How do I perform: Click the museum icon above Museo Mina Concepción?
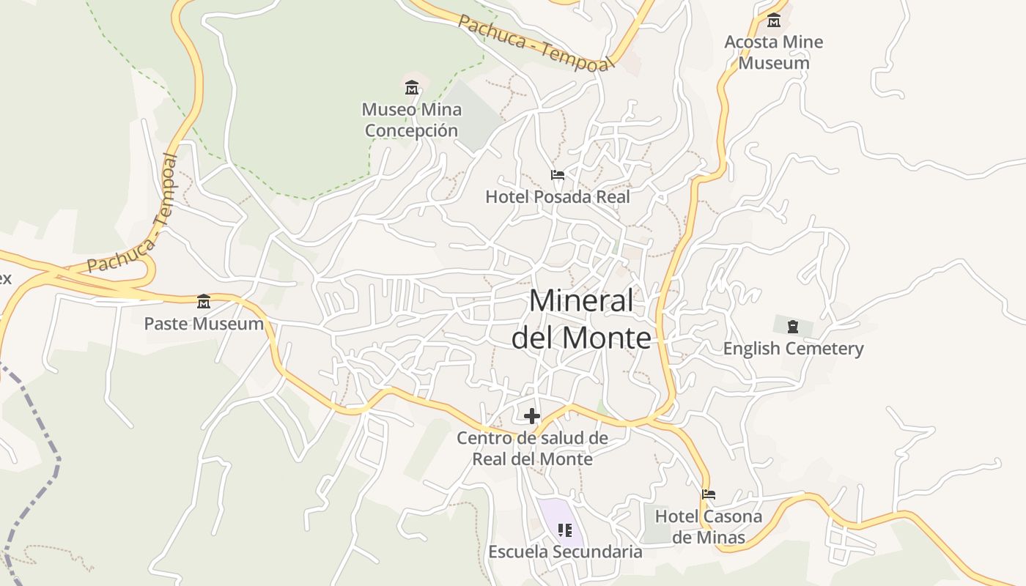412,88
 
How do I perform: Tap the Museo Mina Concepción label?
412,120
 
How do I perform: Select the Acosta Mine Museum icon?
774,20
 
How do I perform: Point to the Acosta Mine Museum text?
774,52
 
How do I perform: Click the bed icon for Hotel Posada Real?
558,175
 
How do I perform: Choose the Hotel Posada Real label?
558,196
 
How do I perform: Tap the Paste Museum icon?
204,301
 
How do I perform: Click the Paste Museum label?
204,323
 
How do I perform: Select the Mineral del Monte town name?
581,319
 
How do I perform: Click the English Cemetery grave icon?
793,326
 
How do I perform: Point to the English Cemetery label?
793,348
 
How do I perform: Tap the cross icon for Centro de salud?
532,416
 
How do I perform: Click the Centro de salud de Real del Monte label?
532,448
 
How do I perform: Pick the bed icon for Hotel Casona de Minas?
708,494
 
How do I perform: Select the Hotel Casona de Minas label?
708,527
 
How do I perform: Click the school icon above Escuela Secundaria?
564,530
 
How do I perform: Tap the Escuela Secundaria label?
565,552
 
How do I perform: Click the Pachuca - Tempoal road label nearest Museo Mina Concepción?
535,43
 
